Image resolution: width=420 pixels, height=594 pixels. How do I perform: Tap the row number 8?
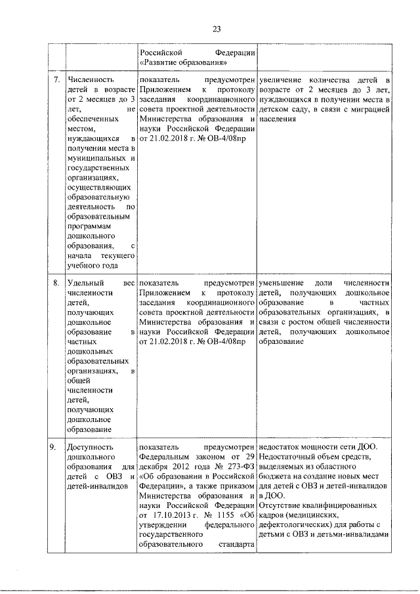click(56, 282)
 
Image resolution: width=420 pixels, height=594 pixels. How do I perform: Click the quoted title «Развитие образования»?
click(178, 62)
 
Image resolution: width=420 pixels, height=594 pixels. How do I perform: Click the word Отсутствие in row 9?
click(281, 505)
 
